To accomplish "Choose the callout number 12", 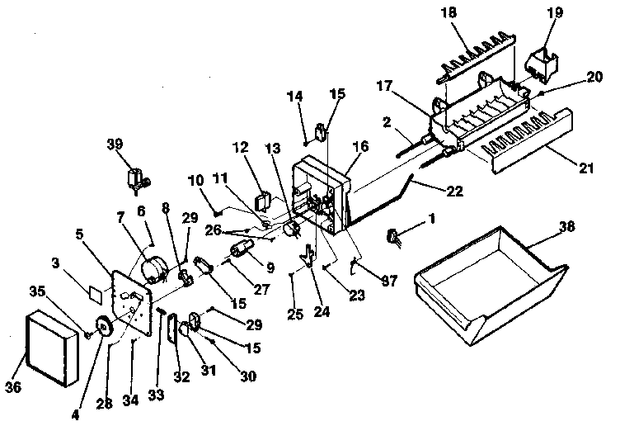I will (240, 148).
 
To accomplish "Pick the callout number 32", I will (181, 376).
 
